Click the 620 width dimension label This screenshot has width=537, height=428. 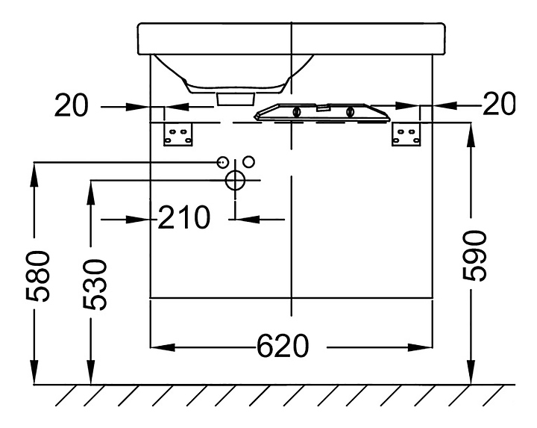click(282, 347)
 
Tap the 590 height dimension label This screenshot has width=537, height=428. click(475, 255)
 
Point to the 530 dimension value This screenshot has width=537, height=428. click(96, 285)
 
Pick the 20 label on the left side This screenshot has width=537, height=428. click(71, 107)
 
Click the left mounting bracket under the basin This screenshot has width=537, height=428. click(179, 135)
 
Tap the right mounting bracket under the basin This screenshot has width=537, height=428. click(407, 135)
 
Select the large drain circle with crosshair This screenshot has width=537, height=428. click(235, 180)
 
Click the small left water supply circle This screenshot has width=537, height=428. click(222, 162)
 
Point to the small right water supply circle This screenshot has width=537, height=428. click(249, 161)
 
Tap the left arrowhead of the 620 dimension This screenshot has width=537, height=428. click(160, 347)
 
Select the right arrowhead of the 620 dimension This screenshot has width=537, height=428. click(424, 347)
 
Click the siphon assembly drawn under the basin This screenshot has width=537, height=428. click(321, 112)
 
